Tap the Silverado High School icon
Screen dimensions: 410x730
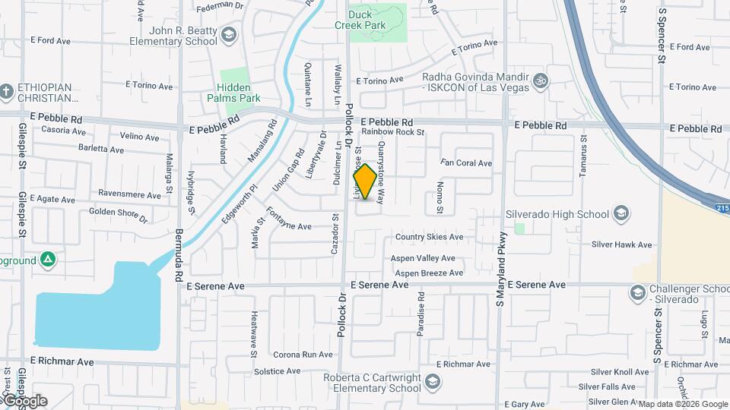coord(621,213)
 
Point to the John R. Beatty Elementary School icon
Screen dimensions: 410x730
coord(228,35)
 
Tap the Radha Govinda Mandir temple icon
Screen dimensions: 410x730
coord(540,80)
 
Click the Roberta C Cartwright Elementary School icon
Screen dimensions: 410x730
coord(433,381)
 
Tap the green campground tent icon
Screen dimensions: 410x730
coord(49,260)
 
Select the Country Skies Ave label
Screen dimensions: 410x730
coord(428,237)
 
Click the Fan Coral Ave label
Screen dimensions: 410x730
coord(466,163)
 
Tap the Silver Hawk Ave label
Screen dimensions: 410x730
coord(621,244)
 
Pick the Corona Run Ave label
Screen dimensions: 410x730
coord(303,355)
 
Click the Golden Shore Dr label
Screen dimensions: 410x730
coord(118,216)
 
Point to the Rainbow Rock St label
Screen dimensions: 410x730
coord(392,132)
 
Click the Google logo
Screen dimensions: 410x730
coord(24,400)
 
